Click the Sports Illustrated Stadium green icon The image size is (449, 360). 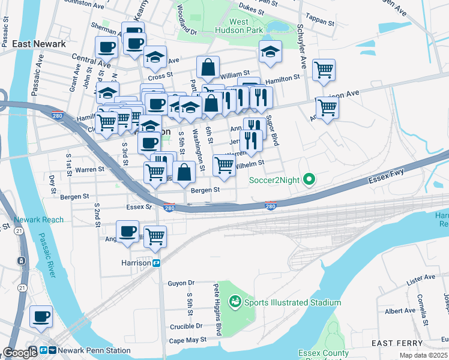(235, 302)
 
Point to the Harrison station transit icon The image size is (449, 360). (156, 263)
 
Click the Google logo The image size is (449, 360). (20, 352)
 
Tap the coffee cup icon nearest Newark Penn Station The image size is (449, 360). (41, 316)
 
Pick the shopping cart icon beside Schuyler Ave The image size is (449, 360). (324, 69)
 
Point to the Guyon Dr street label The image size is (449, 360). (181, 283)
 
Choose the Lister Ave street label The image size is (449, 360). (420, 281)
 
